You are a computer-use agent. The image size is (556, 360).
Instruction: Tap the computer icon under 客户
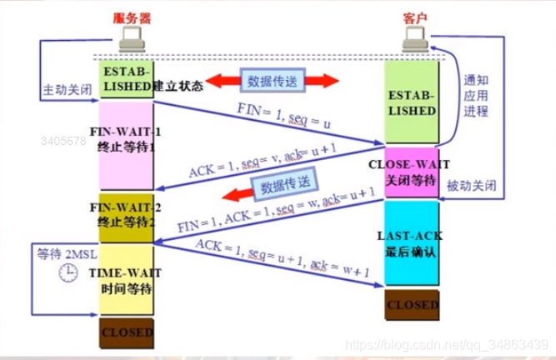click(412, 39)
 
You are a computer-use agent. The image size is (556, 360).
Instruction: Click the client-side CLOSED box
click(411, 305)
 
